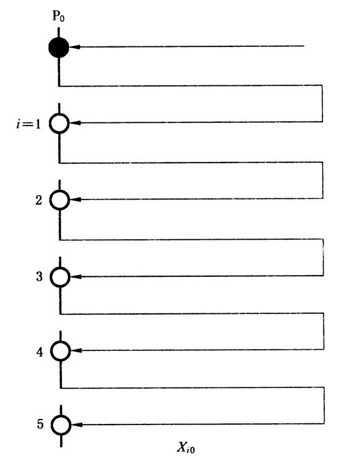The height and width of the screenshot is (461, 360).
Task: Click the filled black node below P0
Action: (x=59, y=48)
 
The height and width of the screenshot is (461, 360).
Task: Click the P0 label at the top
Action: (x=58, y=17)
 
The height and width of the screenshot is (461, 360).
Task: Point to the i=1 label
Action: (x=28, y=124)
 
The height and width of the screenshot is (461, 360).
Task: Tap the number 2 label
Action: (x=39, y=200)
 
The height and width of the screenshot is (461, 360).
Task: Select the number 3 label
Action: (x=39, y=277)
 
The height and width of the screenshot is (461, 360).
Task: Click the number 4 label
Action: (x=40, y=352)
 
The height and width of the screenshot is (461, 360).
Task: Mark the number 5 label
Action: (x=40, y=424)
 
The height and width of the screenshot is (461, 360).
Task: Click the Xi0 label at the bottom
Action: (x=186, y=448)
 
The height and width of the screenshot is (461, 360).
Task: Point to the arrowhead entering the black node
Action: (x=74, y=47)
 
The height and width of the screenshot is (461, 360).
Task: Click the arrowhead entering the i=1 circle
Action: (x=75, y=123)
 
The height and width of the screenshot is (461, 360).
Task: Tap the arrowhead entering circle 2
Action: (x=75, y=200)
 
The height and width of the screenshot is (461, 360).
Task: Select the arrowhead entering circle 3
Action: (x=76, y=277)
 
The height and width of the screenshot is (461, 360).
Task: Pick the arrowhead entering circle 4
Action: (x=76, y=350)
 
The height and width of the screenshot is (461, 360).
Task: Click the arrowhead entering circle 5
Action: (x=77, y=425)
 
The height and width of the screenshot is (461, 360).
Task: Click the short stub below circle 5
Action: (x=61, y=441)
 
